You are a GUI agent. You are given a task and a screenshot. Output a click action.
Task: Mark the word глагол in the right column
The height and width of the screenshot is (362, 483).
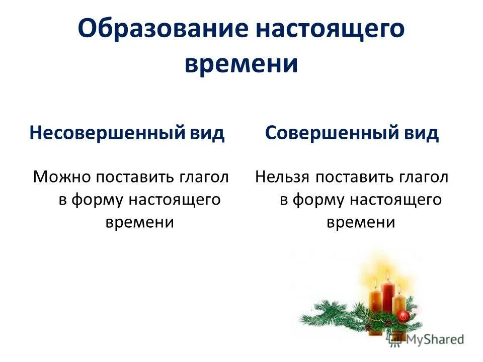pos(424,177)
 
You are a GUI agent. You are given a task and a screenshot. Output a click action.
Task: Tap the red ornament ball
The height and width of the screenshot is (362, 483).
pos(403,316)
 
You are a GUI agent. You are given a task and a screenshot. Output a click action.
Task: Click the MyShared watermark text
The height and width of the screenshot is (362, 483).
pos(435,339)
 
